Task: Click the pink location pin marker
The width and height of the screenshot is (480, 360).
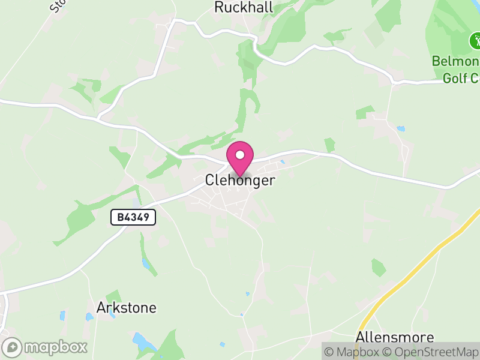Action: (240, 158)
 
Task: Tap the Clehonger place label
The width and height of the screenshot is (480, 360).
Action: (240, 180)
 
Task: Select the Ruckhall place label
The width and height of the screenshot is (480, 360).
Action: (244, 7)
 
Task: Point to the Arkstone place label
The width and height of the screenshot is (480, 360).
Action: (127, 308)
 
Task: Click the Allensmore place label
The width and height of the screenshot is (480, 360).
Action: (395, 337)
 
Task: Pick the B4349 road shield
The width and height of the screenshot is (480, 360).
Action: (133, 217)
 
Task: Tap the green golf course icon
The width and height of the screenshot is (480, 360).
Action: (475, 41)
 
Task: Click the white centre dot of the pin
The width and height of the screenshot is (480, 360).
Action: (240, 154)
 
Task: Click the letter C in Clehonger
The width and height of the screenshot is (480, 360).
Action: (209, 180)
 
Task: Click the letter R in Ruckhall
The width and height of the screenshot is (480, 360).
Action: (219, 7)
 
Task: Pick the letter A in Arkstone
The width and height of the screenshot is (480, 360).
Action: (101, 308)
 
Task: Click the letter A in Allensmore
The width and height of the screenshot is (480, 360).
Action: (360, 337)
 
